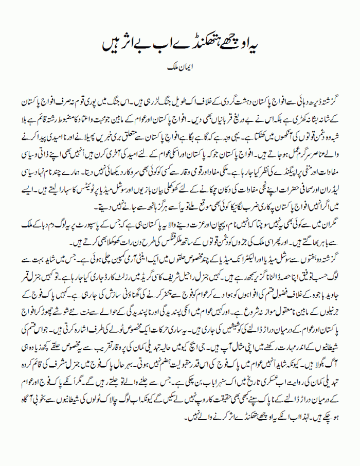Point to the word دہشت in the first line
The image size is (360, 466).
pyautogui.click(x=231, y=98)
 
